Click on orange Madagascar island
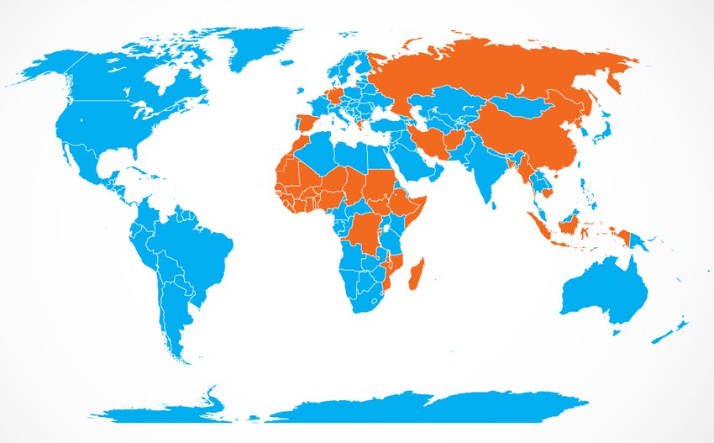point(418,274)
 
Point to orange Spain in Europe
point(307,124)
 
